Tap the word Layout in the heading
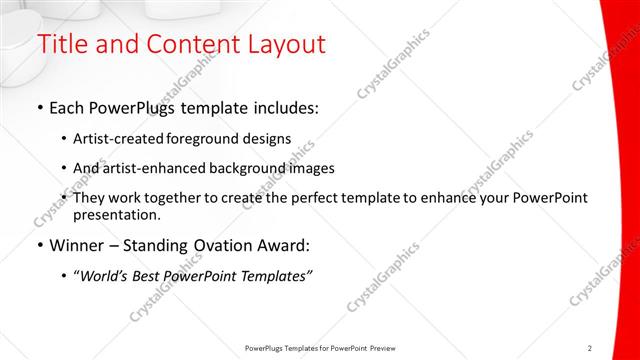point(284,45)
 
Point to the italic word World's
point(107,277)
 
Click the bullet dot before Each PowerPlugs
point(39,106)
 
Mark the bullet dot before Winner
point(39,244)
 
